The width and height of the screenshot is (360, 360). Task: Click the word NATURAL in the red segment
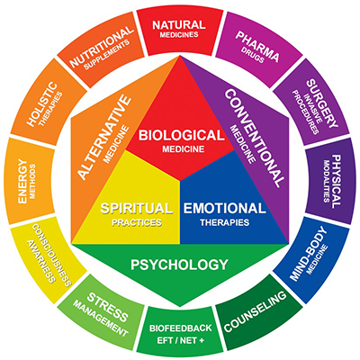pos(179,25)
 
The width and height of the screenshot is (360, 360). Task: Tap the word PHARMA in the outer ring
pos(257,46)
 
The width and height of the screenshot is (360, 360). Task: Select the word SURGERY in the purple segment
pos(322,103)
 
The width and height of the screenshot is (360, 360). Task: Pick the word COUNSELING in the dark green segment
pos(255,311)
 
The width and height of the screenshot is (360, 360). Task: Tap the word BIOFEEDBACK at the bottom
pos(181,328)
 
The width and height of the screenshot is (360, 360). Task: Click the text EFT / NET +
pos(181,340)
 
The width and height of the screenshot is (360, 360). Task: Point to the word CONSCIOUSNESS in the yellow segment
pos(51,255)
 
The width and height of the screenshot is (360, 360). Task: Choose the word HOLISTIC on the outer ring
pos(41,103)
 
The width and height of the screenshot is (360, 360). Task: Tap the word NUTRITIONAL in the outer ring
pos(101,47)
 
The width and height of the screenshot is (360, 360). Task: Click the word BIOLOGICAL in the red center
pos(181,135)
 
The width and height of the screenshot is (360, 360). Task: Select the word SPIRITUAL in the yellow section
pos(137,208)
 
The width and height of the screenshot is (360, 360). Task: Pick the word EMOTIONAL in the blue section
pos(225,208)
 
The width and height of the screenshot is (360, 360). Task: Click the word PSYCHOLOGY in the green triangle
pos(180,265)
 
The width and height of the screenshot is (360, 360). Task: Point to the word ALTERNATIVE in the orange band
pos(104,138)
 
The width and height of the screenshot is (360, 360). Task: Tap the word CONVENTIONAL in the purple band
pos(254,138)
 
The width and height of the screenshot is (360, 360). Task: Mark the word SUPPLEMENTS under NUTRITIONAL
pos(107,54)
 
